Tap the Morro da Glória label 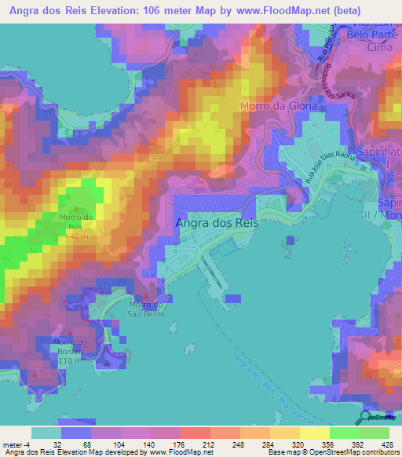(x=278, y=104)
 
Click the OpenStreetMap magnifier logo (x=364, y=416)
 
